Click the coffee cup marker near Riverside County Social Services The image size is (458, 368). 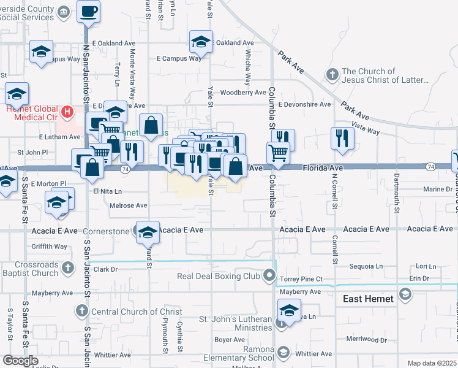pos(89,11)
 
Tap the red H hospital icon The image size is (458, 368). pos(69,112)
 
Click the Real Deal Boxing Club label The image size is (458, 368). pos(219,277)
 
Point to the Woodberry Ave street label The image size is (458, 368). pos(243,93)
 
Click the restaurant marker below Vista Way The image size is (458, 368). pos(342,138)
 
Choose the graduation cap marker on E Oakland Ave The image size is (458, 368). pos(200,42)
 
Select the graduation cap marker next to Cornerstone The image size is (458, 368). pos(147,232)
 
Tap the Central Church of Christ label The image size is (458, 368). pos(128,312)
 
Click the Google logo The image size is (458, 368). pos(20,361)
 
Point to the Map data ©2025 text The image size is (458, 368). pos(431,363)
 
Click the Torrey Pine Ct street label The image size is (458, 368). pos(301,279)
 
